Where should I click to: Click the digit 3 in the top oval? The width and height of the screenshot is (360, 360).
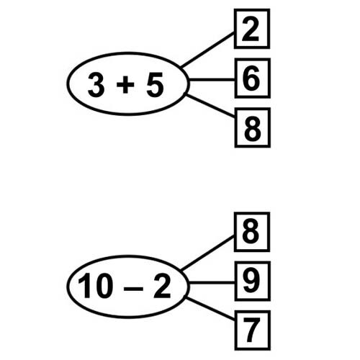pyautogui.click(x=96, y=85)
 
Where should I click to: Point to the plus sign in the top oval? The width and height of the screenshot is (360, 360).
pyautogui.click(x=125, y=84)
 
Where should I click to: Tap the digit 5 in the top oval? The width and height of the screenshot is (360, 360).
pyautogui.click(x=155, y=85)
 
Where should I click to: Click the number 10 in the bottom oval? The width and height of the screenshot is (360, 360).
pyautogui.click(x=95, y=286)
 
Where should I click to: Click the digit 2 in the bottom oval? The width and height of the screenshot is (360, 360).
pyautogui.click(x=162, y=286)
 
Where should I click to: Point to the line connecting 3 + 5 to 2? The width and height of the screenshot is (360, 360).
pyautogui.click(x=207, y=50)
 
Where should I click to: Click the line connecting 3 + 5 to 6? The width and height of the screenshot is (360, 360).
pyautogui.click(x=212, y=80)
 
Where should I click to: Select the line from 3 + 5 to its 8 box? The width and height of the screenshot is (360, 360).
pyautogui.click(x=210, y=106)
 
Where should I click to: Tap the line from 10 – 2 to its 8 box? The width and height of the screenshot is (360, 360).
pyautogui.click(x=207, y=253)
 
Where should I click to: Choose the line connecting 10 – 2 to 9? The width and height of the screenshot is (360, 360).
pyautogui.click(x=212, y=283)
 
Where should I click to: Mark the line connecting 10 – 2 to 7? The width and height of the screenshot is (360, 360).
pyautogui.click(x=210, y=309)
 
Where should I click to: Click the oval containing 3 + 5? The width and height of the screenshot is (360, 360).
pyautogui.click(x=67, y=84)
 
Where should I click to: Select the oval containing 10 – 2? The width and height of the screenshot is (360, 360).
pyautogui.click(x=67, y=287)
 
